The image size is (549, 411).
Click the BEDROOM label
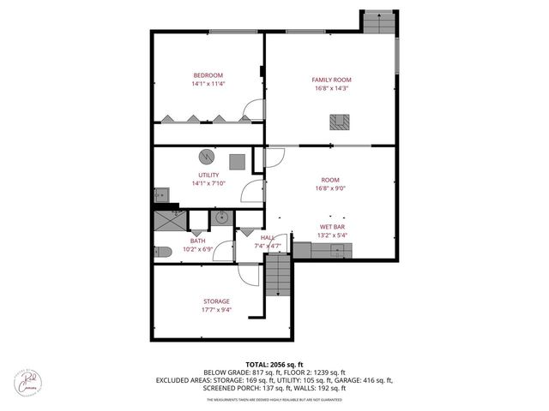point(208,74)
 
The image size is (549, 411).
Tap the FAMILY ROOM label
point(331,80)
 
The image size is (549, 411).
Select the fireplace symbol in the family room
point(341,122)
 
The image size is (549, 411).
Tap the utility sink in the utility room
point(160,194)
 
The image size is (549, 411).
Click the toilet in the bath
point(163,252)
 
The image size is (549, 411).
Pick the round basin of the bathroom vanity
point(220,217)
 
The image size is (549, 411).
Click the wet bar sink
point(340,250)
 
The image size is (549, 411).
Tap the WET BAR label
point(331,227)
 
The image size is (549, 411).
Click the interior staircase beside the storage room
point(279,277)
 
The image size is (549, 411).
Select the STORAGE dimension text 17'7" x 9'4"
point(217,310)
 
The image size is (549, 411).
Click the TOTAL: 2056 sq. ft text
point(274,364)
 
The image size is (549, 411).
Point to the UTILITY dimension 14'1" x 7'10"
point(208,182)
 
